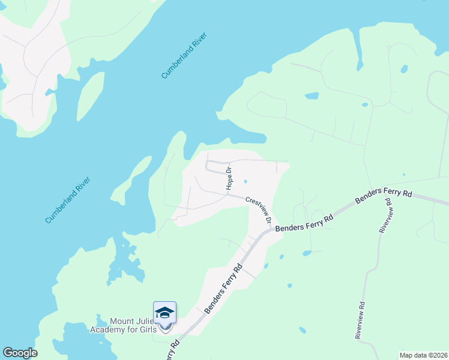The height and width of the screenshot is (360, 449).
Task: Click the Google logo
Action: (20, 353)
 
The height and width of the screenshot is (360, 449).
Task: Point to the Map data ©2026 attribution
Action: (423, 355)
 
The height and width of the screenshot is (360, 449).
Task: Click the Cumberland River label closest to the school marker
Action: (67, 200)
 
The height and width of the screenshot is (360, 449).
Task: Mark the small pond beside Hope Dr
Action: (245, 182)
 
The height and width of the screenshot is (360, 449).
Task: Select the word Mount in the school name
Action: (121, 320)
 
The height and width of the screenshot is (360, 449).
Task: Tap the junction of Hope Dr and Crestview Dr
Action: (226, 193)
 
